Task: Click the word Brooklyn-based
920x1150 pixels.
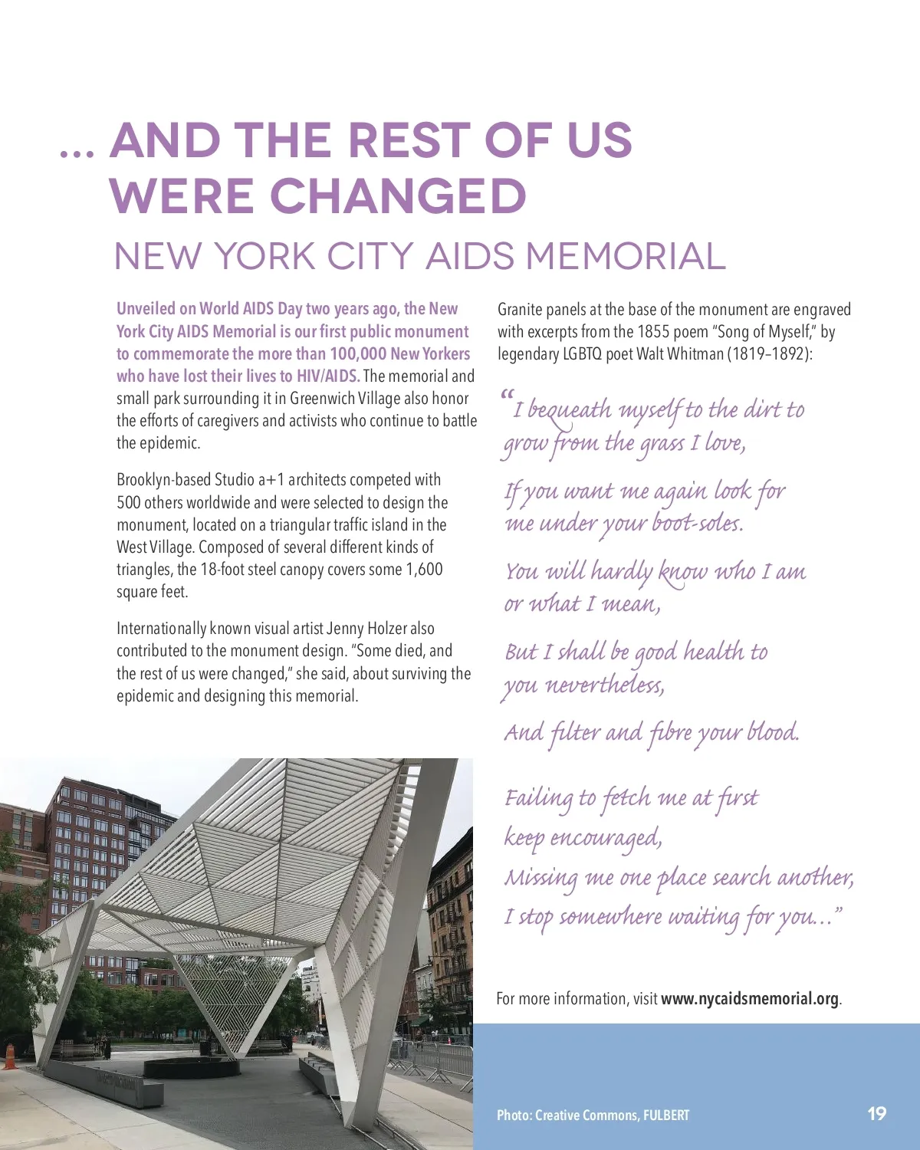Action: (x=163, y=480)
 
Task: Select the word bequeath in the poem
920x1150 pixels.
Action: (x=570, y=410)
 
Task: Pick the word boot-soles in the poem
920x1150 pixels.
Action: (x=697, y=524)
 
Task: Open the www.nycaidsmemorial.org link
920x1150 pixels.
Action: (x=750, y=999)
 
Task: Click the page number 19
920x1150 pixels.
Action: (x=877, y=1113)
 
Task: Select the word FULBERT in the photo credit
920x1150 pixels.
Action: (x=666, y=1115)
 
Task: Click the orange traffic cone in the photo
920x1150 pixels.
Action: (x=9, y=1056)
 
